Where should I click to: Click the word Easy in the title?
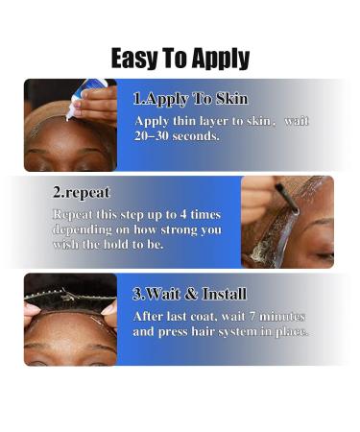[134, 58]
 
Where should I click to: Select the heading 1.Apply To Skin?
[189, 99]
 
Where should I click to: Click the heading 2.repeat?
[82, 192]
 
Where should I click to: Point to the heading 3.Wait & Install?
[189, 293]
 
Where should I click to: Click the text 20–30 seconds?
[178, 135]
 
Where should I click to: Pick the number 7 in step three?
[245, 315]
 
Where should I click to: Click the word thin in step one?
[191, 120]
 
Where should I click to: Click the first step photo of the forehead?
[69, 125]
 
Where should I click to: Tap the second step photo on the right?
[287, 221]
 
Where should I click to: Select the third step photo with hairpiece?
[69, 320]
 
